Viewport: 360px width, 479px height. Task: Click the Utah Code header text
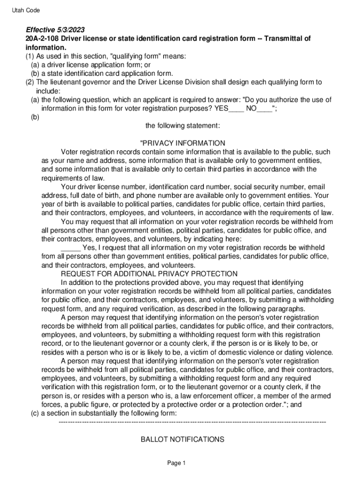point(26,10)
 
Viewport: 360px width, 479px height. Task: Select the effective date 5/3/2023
point(70,29)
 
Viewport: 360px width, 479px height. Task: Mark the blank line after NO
point(265,109)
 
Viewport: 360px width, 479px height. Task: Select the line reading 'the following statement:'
point(180,126)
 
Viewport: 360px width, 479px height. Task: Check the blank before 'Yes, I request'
point(71,248)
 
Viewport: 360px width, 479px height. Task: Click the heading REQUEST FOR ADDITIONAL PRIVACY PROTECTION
point(149,274)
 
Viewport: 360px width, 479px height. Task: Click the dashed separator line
point(192,422)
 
